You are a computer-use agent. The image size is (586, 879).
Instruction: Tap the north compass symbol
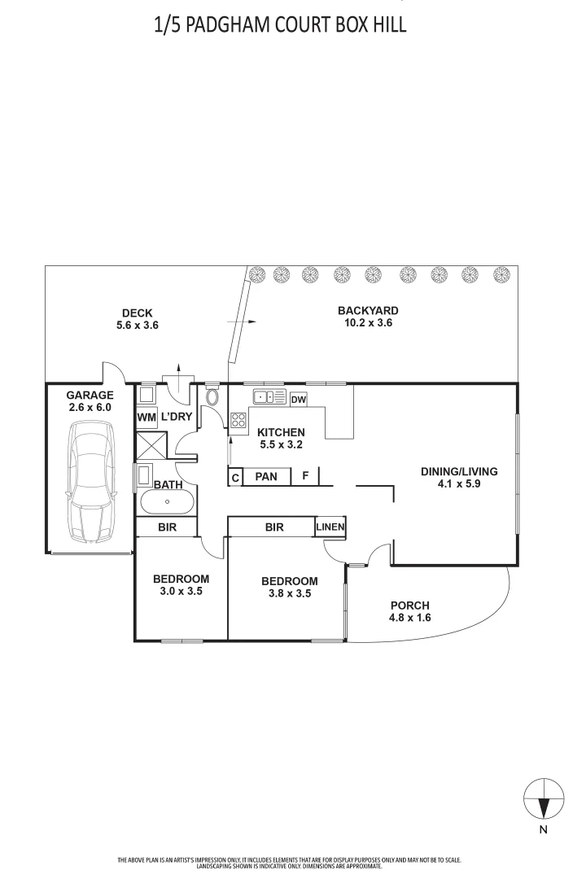[543, 798]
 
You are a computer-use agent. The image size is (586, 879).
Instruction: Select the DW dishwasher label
[299, 400]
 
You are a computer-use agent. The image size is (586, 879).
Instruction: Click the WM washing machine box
[146, 418]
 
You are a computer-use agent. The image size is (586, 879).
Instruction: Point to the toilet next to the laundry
[212, 397]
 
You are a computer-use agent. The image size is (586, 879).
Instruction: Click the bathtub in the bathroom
[167, 502]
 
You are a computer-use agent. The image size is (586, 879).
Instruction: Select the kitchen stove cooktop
[239, 421]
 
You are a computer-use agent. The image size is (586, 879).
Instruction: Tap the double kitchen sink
[269, 398]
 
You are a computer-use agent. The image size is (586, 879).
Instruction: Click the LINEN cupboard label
[330, 527]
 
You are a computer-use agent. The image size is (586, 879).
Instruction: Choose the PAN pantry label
[266, 476]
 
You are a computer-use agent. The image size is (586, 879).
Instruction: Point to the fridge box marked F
[305, 475]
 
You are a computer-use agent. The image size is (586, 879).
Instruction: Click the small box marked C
[235, 478]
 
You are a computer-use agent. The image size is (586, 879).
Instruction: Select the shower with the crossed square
[153, 445]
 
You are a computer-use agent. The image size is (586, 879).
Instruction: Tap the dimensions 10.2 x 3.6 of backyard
[368, 323]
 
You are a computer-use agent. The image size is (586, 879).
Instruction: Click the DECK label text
[138, 313]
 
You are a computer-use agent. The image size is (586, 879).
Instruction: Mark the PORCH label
[409, 605]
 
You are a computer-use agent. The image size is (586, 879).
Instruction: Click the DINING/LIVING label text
[458, 470]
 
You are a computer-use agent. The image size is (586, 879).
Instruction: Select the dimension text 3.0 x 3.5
[181, 592]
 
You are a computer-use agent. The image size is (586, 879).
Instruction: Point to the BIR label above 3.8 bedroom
[274, 527]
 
